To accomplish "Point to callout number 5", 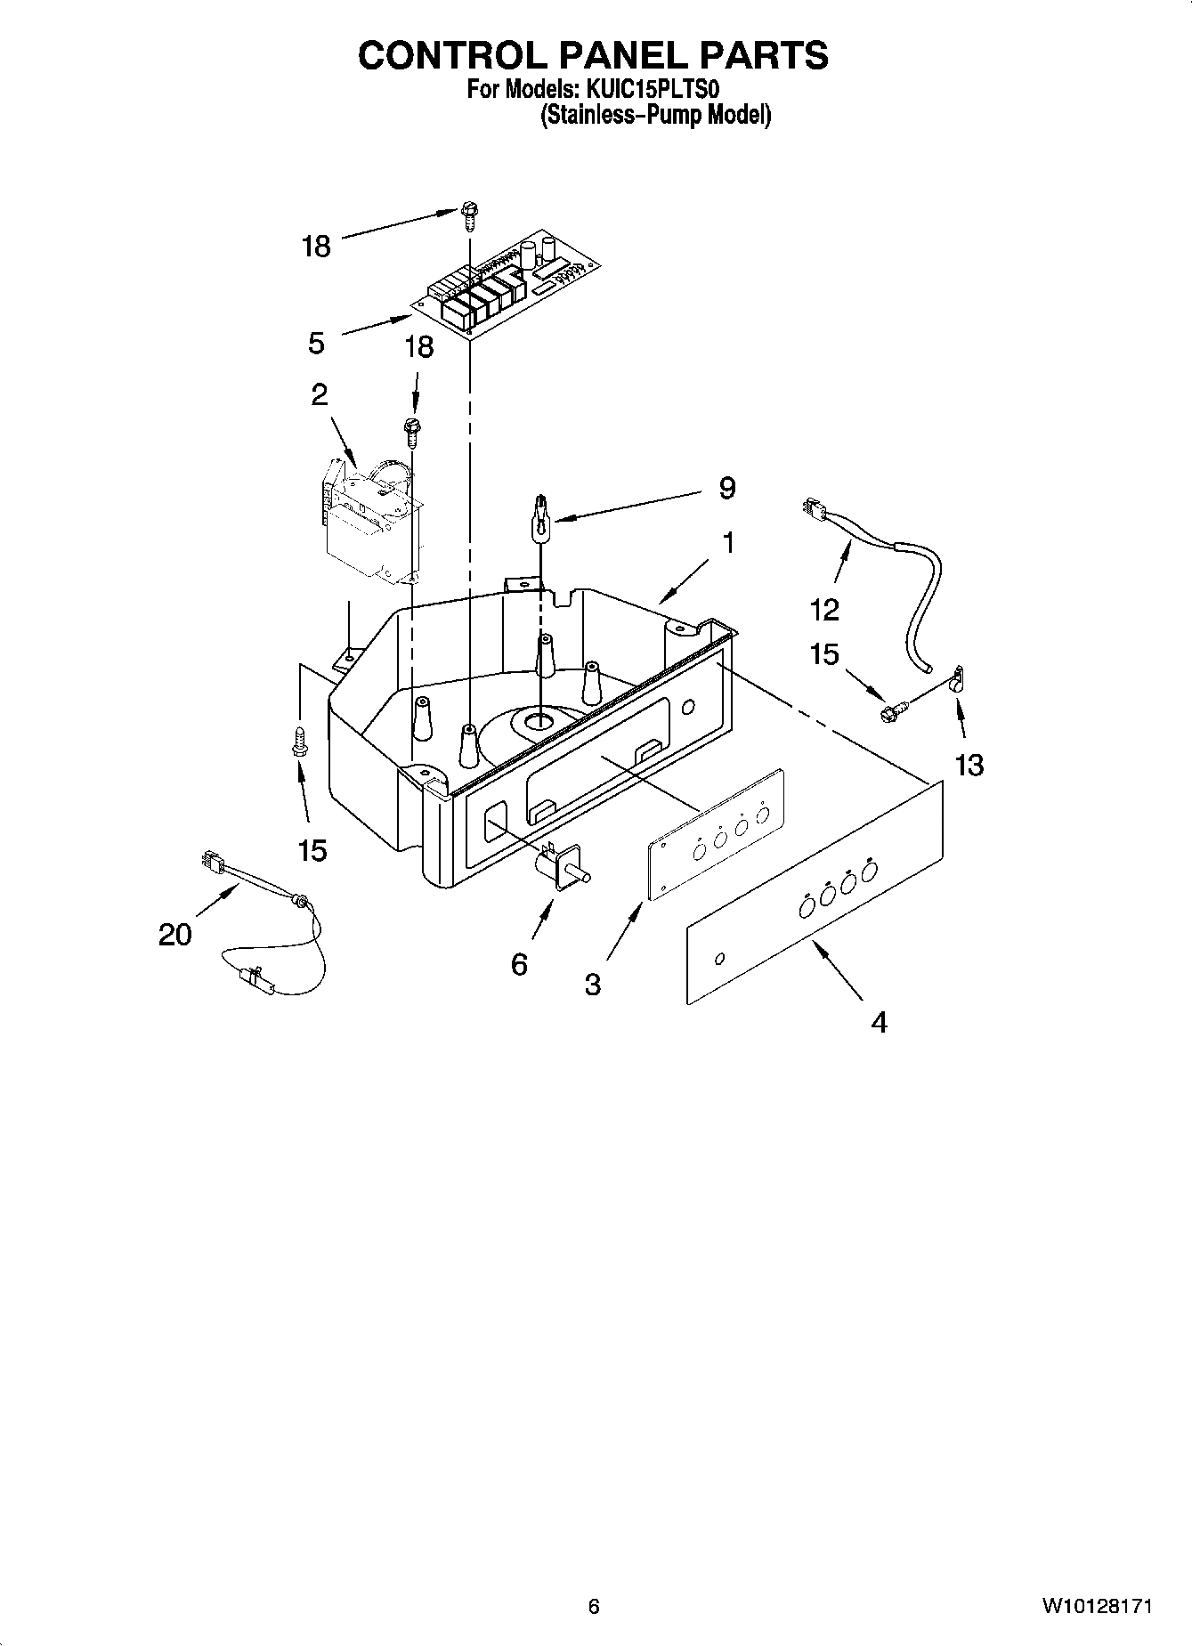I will (316, 343).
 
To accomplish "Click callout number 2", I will (319, 394).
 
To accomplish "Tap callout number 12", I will (824, 610).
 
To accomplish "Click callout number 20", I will (175, 935).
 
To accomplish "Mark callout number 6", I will (519, 964).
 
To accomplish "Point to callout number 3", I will (593, 984).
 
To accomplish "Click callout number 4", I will (879, 1023).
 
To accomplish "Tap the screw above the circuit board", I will (469, 215).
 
